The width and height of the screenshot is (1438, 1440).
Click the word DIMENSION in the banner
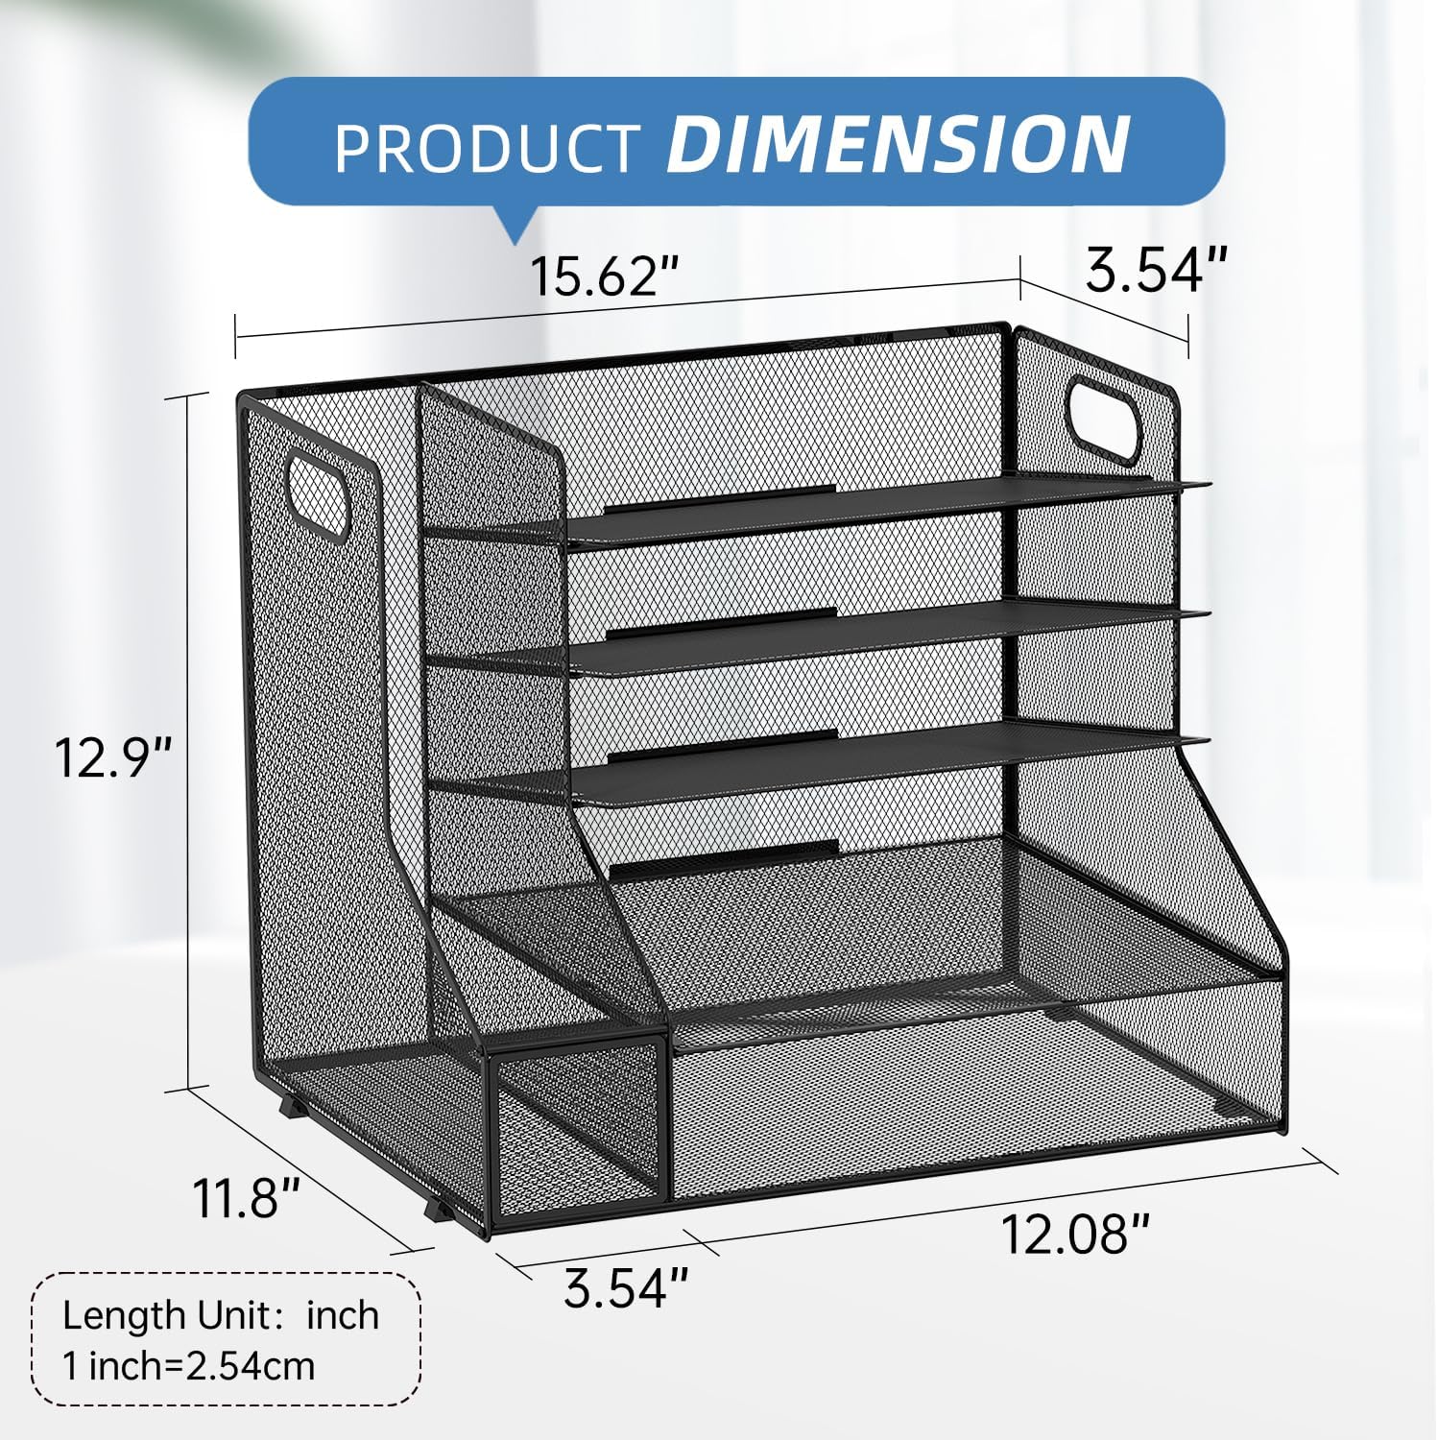coord(898,144)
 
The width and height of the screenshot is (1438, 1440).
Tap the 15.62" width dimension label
coord(605,276)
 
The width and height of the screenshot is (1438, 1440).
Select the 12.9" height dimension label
coord(112,757)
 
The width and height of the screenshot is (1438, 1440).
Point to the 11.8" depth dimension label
coord(248,1197)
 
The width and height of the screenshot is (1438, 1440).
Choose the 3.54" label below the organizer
coord(626,1286)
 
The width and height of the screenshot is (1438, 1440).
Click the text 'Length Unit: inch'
coord(220,1314)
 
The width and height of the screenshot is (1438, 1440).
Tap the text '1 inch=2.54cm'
coord(188,1364)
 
